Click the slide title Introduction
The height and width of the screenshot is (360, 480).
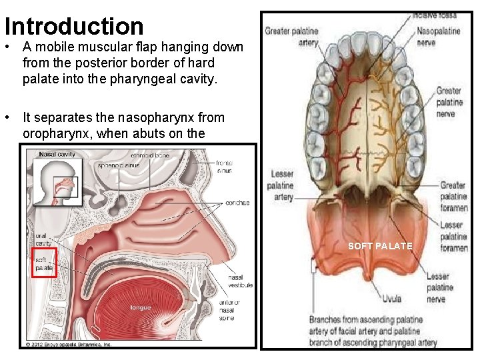coord(74,26)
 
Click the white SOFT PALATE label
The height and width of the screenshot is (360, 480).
coord(380,247)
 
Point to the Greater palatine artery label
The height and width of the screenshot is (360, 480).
coord(291,36)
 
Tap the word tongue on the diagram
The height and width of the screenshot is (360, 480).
coord(141,307)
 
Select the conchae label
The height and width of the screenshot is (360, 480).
coord(237,203)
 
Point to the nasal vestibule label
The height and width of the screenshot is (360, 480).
coord(240,281)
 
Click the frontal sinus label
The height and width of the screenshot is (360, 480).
coord(224,166)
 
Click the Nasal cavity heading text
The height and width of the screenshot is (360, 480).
coord(57,154)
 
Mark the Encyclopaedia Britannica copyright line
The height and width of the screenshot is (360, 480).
coord(69,344)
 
